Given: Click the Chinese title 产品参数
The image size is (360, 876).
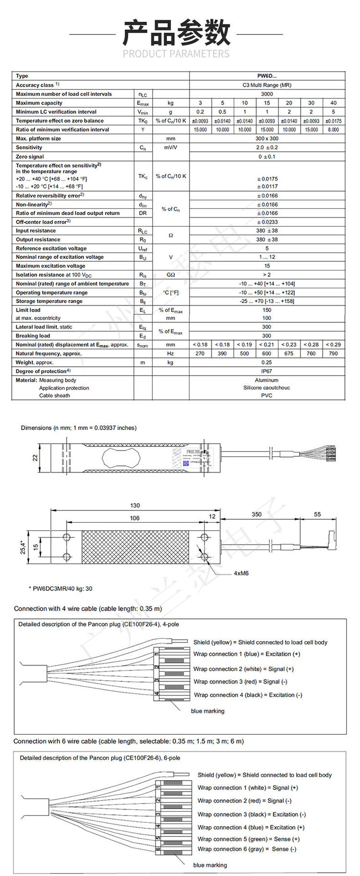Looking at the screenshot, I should [176, 33].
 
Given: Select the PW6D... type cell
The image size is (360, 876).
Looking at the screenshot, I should [267, 76].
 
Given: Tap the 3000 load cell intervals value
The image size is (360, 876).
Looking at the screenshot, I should [267, 94].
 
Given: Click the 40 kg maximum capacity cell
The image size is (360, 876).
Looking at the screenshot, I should [334, 103].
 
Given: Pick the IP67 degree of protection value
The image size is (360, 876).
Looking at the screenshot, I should [267, 371].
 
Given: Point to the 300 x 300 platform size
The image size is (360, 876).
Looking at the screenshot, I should [267, 138].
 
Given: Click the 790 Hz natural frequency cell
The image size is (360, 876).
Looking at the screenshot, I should [334, 353].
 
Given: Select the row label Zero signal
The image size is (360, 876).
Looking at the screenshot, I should [30, 157].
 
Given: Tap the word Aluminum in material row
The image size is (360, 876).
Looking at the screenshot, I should [267, 380].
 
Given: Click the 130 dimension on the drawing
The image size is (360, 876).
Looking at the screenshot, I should [135, 505].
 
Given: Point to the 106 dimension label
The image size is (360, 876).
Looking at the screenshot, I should [135, 518].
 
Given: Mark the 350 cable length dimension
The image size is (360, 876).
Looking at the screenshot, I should [257, 514].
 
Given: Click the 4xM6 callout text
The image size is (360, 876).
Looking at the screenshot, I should [241, 573].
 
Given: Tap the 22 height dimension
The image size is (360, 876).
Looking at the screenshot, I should [35, 458].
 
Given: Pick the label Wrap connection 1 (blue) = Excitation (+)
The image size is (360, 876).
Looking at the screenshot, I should [247, 654].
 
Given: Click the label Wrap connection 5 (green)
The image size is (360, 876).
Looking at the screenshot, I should [249, 839].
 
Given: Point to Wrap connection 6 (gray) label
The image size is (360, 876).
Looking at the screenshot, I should [247, 849].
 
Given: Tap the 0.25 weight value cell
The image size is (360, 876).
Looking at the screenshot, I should [267, 363].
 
